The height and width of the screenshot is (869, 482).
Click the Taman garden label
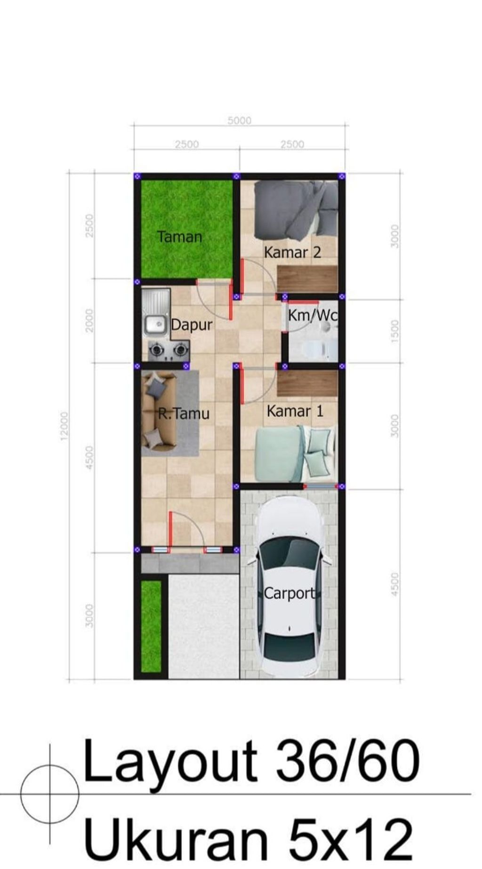pos(180,236)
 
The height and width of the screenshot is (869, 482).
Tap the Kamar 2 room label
pos(292,252)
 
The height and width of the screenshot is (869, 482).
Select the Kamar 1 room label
pos(295,411)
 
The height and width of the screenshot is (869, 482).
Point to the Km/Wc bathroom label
pos(313,315)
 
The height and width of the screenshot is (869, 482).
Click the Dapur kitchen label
pos(192,325)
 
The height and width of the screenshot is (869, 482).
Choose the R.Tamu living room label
pos(183,414)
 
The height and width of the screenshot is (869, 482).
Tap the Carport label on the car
pos(289,593)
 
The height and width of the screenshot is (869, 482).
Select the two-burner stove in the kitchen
pos(169,350)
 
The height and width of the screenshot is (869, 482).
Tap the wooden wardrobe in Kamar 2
pos(307,279)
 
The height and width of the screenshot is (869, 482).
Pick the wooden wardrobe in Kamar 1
pos(307,383)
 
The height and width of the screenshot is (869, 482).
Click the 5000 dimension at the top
pos(240,120)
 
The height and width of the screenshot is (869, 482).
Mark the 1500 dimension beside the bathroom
pos(395,331)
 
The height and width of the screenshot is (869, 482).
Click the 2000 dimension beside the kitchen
pos(89,320)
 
